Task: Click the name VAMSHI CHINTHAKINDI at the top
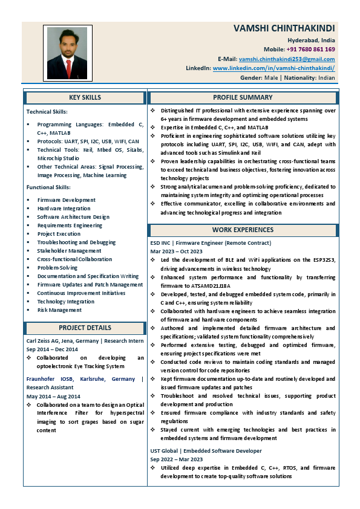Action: pos(284,28)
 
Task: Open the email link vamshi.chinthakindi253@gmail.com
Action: pos(287,59)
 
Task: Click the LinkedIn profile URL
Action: pos(273,68)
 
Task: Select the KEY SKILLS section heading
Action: pos(85,97)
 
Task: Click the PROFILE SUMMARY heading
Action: pos(243,97)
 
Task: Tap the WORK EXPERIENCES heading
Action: pos(243,230)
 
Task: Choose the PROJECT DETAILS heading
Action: pos(85,328)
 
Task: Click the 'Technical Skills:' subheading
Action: pos(47,111)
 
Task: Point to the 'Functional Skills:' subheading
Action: pos(48,187)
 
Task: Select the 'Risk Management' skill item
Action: pos(59,310)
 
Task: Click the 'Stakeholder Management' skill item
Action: pos(69,251)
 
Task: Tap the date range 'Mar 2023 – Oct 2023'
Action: pos(176,251)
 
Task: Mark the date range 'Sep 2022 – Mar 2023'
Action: pos(176,459)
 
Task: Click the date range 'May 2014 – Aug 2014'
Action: pos(53,396)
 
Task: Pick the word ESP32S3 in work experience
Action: pos(323,260)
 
